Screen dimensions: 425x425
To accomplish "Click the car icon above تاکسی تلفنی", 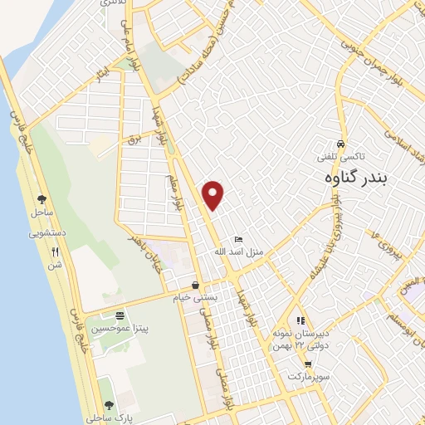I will coord(341,143).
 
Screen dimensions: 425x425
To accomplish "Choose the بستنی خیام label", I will coord(195,296).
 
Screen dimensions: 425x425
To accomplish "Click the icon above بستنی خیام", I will coord(195,284).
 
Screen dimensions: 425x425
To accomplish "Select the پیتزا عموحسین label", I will coord(120,328).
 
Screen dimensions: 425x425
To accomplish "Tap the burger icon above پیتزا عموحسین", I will coord(120,315).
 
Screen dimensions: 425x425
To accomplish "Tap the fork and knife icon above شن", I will coord(55,252).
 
